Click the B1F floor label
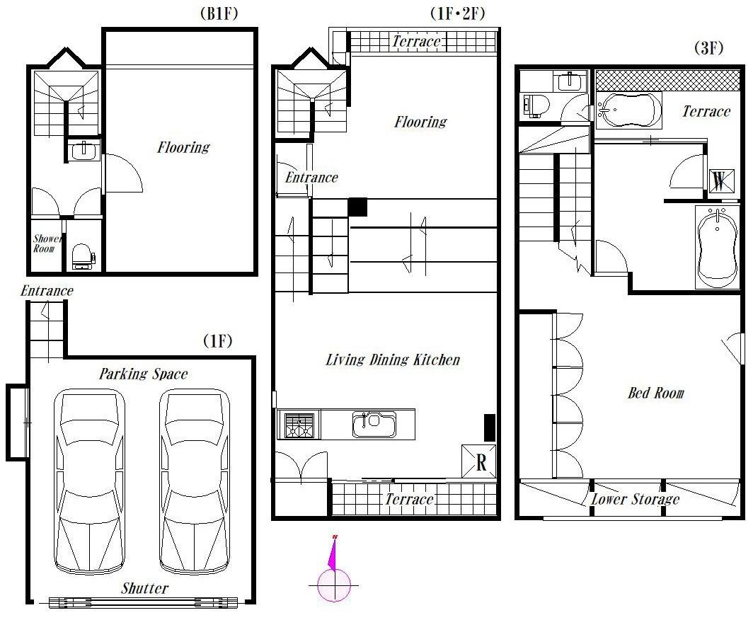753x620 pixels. coord(219,13)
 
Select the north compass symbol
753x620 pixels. coord(333,568)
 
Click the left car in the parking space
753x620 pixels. coord(90,482)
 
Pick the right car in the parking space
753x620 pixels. coord(195,482)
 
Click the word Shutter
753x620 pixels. coord(144,588)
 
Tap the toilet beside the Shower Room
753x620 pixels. coord(83,257)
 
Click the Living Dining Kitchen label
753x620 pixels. coord(393,360)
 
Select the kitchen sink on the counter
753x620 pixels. coord(374,424)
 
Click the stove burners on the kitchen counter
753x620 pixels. coord(299,425)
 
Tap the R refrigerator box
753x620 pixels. coord(479,461)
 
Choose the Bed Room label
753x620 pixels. coord(655,393)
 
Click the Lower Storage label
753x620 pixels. coord(635,499)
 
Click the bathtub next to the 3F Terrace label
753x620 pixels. coord(629,110)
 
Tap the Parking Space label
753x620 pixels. coord(143,374)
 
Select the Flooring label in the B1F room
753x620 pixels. coord(183,147)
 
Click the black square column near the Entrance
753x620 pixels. coord(358,207)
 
